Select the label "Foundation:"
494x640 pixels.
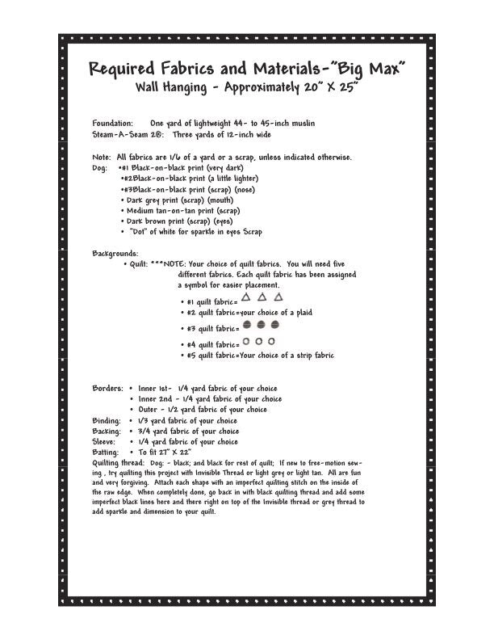coord(112,123)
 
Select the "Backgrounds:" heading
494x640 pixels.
coord(115,253)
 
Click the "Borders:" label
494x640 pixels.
coord(107,388)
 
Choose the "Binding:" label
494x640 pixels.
coord(107,421)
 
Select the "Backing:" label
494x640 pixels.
coord(107,432)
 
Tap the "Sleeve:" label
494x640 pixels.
coord(105,442)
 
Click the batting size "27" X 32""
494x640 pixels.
coord(173,453)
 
